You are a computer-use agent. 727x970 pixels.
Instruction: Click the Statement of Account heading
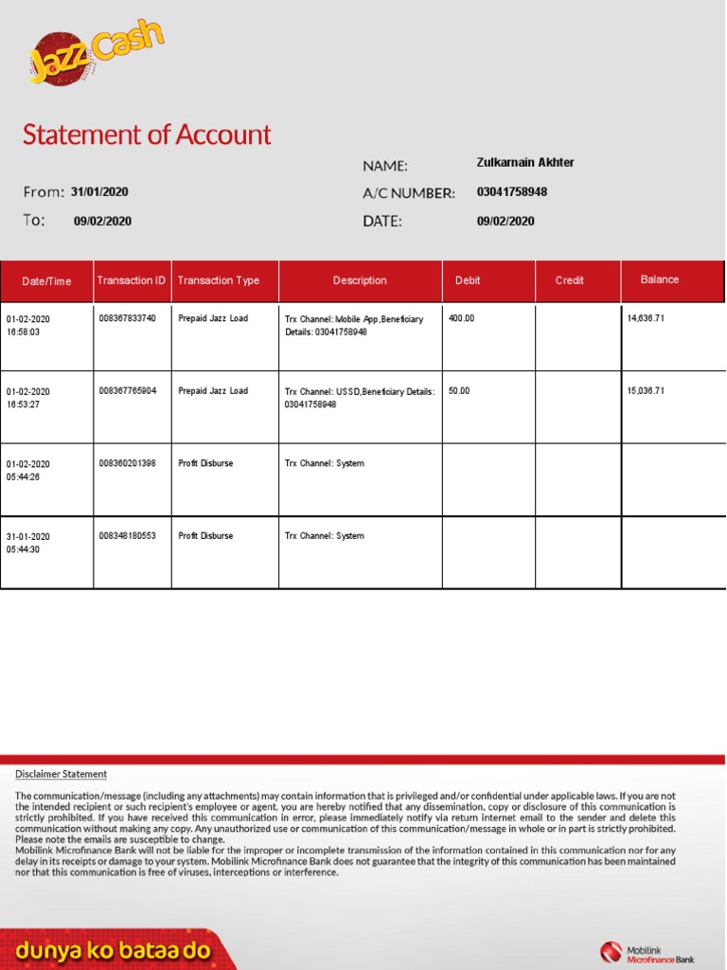pyautogui.click(x=147, y=135)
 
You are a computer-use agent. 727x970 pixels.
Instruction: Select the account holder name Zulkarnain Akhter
pyautogui.click(x=524, y=163)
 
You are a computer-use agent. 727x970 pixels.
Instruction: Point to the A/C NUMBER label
pyautogui.click(x=408, y=193)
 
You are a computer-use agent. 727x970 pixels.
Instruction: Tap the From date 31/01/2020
pyautogui.click(x=99, y=192)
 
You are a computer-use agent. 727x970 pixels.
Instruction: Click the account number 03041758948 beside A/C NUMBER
pyautogui.click(x=511, y=192)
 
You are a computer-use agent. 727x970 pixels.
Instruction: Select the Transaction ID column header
pyautogui.click(x=132, y=280)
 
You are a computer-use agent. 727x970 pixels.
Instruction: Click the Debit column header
pyautogui.click(x=468, y=280)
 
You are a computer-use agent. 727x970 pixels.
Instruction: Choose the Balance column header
pyautogui.click(x=659, y=279)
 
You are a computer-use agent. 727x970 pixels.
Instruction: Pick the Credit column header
pyautogui.click(x=569, y=280)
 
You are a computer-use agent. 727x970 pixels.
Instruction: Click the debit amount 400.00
pyautogui.click(x=461, y=318)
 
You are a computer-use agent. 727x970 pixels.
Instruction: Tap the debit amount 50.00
pyautogui.click(x=458, y=390)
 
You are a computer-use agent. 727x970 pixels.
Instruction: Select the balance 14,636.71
pyautogui.click(x=646, y=318)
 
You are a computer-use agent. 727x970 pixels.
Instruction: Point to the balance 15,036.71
pyautogui.click(x=646, y=390)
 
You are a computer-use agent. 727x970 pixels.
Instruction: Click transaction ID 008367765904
pyautogui.click(x=127, y=390)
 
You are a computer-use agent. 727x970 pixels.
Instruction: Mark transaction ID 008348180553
pyautogui.click(x=127, y=536)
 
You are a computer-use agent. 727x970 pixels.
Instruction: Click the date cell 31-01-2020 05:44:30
pyautogui.click(x=28, y=543)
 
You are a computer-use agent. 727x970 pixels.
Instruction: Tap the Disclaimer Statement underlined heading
pyautogui.click(x=61, y=774)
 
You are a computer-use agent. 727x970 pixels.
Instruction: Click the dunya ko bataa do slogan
pyautogui.click(x=113, y=951)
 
